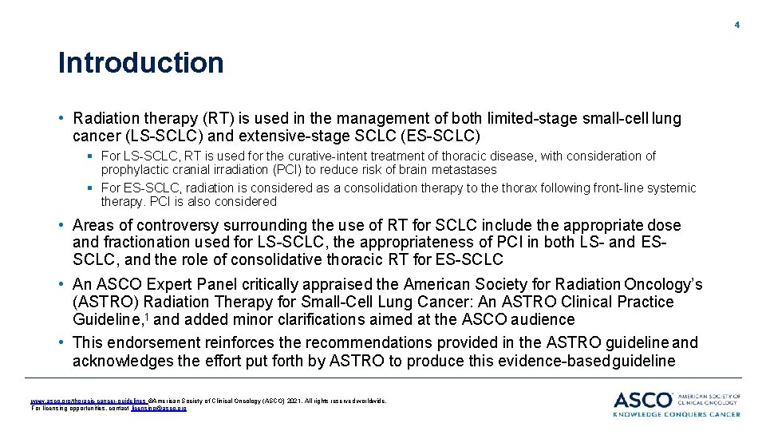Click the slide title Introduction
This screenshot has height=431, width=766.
coord(140,63)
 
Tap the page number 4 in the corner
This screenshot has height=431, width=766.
coord(737,25)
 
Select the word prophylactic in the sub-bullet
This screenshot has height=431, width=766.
coord(132,169)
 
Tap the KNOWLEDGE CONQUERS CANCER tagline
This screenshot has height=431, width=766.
coord(677,413)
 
